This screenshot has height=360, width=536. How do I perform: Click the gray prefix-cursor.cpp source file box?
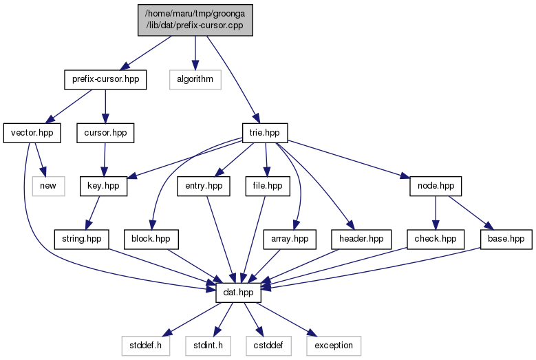[195, 20]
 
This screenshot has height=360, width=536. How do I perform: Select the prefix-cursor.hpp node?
[105, 80]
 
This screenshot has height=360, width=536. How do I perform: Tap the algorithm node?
[195, 80]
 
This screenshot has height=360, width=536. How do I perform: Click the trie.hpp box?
[265, 133]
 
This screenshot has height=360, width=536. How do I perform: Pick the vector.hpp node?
[32, 133]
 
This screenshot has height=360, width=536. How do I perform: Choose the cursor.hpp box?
[105, 133]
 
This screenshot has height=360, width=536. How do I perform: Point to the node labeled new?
[49, 187]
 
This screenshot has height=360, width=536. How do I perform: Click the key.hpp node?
[104, 187]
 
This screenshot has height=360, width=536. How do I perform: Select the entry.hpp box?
[204, 187]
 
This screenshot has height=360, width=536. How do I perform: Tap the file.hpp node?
[268, 187]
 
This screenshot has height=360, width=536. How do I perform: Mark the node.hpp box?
[436, 187]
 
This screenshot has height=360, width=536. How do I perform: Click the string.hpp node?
[82, 240]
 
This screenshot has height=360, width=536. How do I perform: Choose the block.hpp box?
[151, 240]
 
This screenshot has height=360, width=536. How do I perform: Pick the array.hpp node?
[290, 240]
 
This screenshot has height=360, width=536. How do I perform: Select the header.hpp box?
[361, 240]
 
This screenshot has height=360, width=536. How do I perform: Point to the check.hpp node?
[436, 240]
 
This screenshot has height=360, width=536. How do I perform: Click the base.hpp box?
[506, 240]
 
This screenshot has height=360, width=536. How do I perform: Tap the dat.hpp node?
[238, 293]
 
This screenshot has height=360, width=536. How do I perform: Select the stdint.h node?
[208, 346]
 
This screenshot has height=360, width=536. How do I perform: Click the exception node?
[334, 346]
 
